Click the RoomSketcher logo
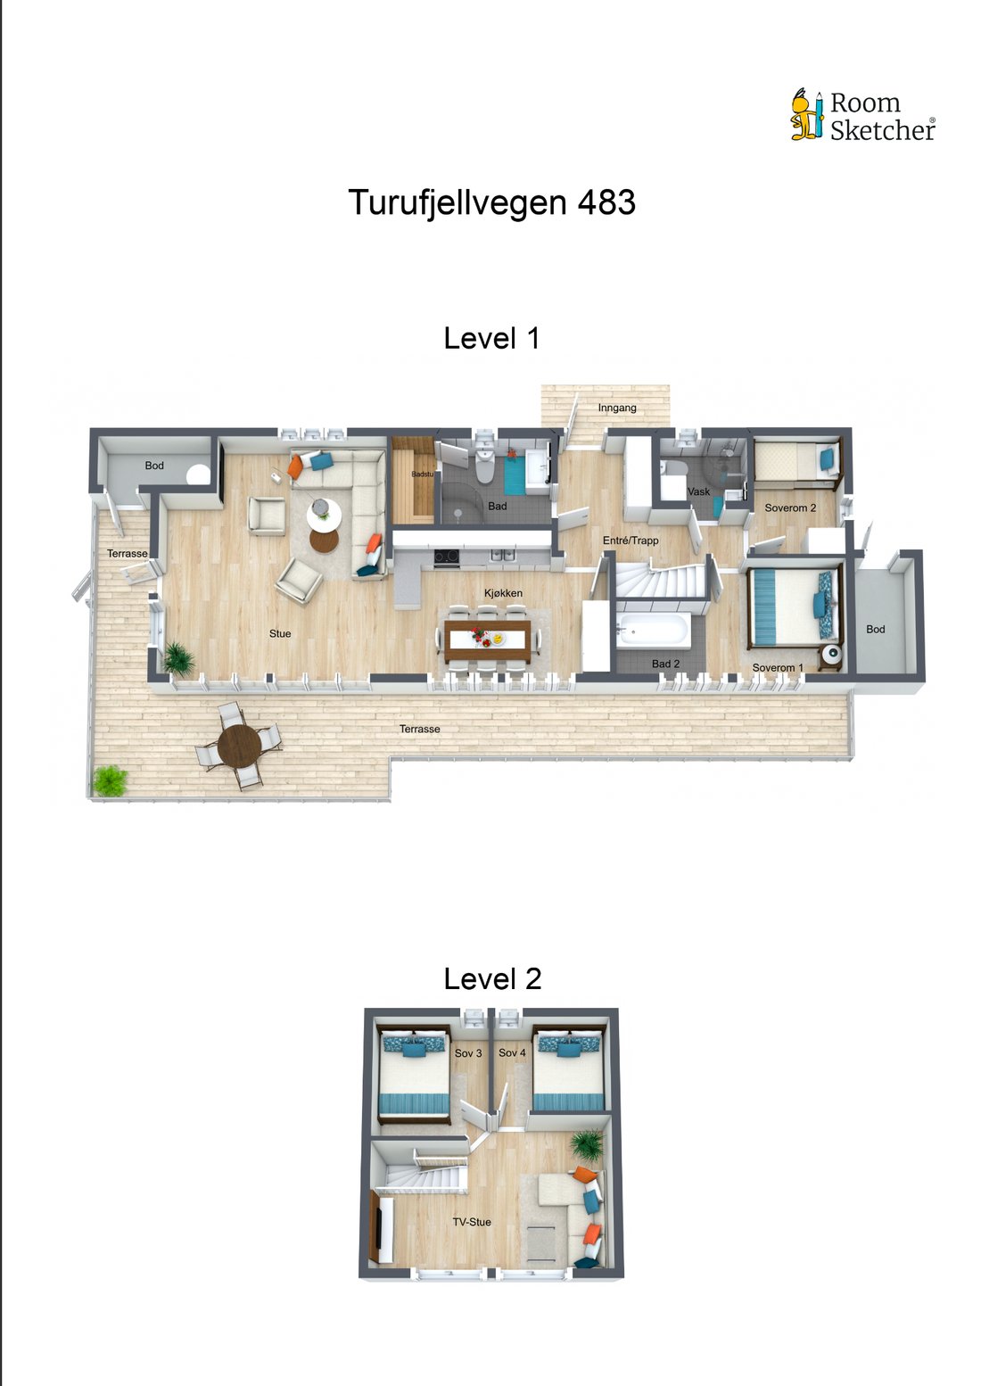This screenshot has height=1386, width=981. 863,115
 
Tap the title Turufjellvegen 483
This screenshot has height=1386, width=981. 491,202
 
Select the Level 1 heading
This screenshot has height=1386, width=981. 491,338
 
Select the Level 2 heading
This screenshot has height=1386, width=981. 492,978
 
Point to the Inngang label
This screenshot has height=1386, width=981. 616,408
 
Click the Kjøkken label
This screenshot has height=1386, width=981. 503,593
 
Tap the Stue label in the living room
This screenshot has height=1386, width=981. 279,633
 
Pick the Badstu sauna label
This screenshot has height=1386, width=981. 423,474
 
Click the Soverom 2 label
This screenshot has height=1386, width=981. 790,508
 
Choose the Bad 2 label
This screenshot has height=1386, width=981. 665,664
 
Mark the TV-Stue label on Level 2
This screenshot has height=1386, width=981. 471,1222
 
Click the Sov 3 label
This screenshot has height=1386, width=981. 467,1052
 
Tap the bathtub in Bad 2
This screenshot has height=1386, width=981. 653,631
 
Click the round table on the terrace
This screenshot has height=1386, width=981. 239,745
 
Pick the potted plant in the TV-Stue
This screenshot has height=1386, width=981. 587,1143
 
